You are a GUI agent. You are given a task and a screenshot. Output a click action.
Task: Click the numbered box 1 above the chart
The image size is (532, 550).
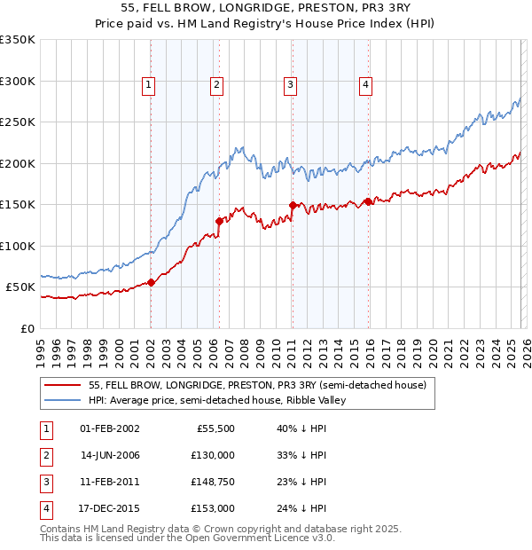(148, 85)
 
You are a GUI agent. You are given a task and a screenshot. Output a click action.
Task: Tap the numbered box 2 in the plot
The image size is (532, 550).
(216, 85)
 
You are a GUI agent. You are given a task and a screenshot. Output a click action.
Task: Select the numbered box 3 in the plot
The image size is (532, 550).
(290, 85)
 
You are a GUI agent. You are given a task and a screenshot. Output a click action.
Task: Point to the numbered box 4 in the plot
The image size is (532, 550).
(365, 85)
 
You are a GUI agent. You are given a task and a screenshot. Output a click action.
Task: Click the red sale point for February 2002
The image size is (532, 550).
(151, 283)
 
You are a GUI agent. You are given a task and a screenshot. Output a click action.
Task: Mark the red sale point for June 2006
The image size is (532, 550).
(219, 221)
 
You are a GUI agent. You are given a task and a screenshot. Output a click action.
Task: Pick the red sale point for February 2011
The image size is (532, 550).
(292, 205)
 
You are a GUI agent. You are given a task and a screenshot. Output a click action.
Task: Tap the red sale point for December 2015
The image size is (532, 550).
(368, 201)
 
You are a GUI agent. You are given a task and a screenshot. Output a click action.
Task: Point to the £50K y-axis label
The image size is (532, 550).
(20, 287)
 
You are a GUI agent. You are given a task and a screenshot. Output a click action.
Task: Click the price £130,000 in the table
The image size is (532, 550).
(214, 455)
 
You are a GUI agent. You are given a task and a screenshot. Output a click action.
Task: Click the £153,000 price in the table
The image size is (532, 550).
(214, 509)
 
